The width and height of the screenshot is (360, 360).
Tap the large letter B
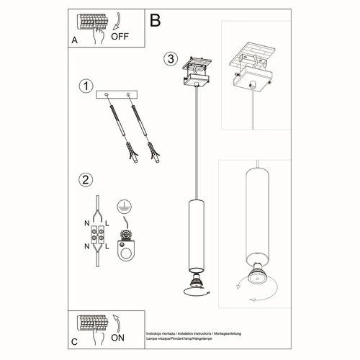[156, 20]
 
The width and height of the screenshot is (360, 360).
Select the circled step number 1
[86, 86]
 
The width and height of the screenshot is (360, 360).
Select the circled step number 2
[86, 180]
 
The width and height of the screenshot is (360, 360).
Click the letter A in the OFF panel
[74, 41]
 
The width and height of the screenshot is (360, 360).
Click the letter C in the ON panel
[74, 341]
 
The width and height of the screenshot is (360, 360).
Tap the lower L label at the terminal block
[107, 247]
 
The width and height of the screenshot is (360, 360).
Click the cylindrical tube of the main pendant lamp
[195, 230]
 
